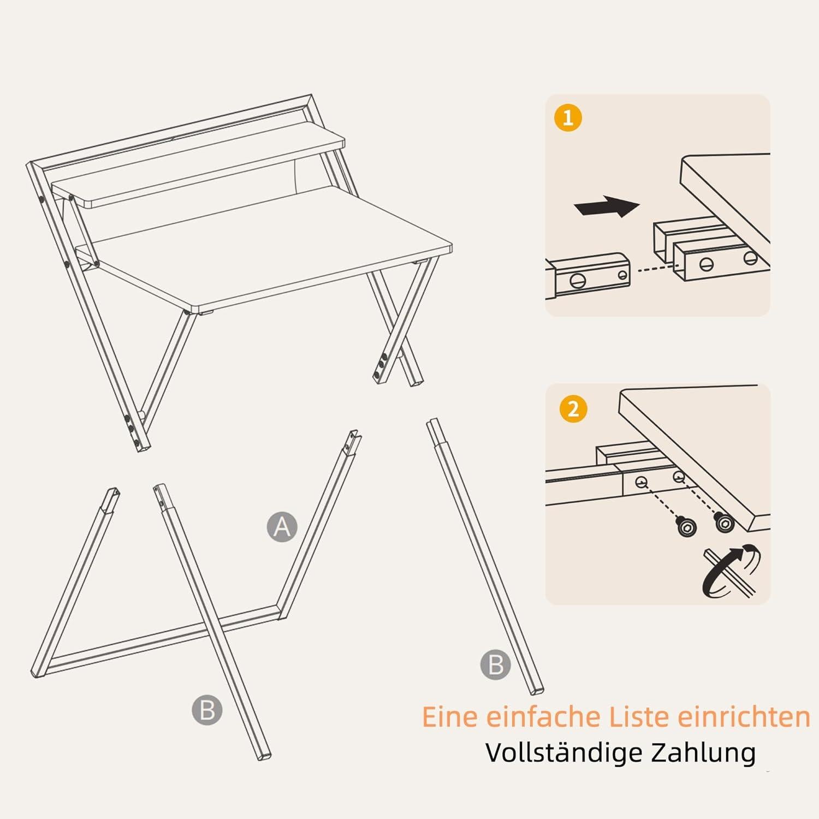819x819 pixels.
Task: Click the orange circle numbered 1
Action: pos(568,118)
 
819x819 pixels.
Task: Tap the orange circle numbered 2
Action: pos(573,408)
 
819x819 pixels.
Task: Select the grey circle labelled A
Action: pos(282,527)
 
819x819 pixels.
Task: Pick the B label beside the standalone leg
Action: pos(495,665)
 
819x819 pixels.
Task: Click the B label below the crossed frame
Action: pos(207,710)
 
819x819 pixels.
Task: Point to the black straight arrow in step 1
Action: pos(607,207)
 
